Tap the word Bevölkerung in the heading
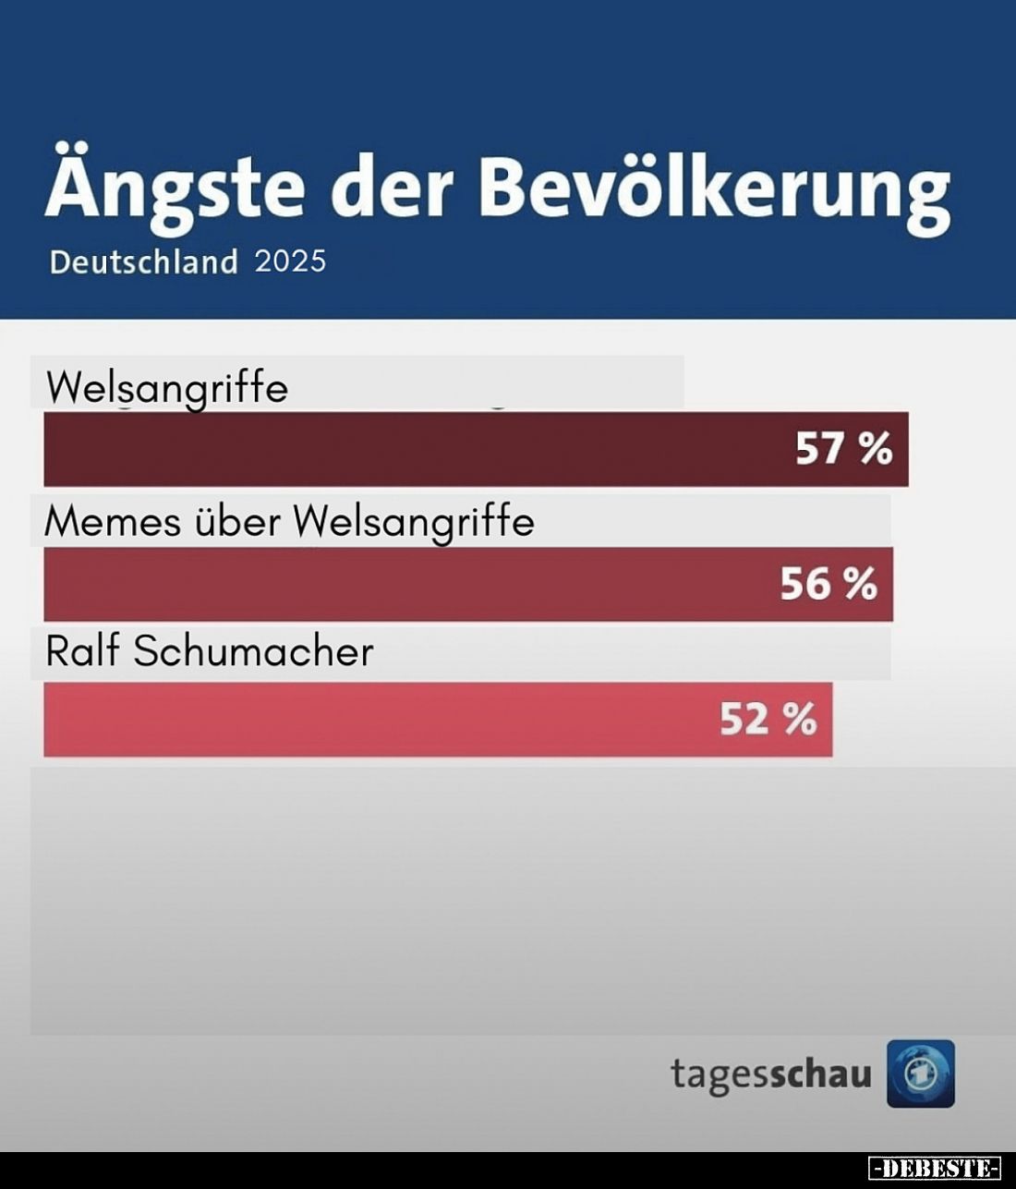pyautogui.click(x=714, y=189)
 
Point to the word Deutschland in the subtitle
pyautogui.click(x=144, y=262)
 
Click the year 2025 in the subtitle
pyautogui.click(x=290, y=261)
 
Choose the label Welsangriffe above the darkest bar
pyautogui.click(x=167, y=388)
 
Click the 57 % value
pyautogui.click(x=844, y=449)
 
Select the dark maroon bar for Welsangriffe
pyautogui.click(x=416, y=449)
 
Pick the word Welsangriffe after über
pyautogui.click(x=414, y=523)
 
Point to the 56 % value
pyautogui.click(x=829, y=584)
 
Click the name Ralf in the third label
pyautogui.click(x=83, y=651)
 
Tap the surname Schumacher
pyautogui.click(x=254, y=651)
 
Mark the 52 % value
pyautogui.click(x=768, y=719)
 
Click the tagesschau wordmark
pyautogui.click(x=770, y=1074)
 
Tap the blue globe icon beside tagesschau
pyautogui.click(x=921, y=1074)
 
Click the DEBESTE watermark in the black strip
pyautogui.click(x=935, y=1168)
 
